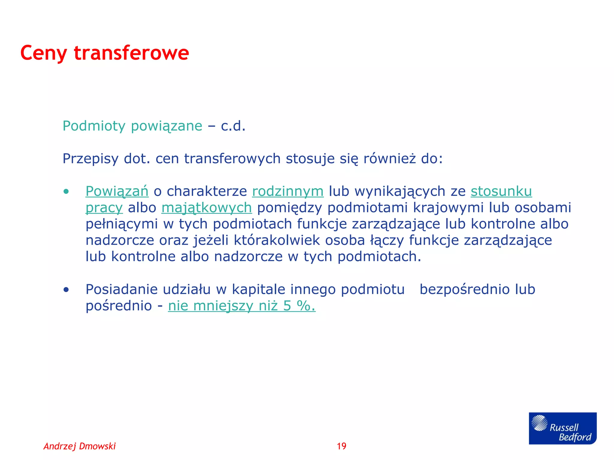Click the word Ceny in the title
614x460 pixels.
[43, 53]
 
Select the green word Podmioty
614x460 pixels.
[94, 126]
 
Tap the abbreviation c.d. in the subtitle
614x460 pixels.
[233, 126]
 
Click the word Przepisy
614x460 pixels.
[90, 159]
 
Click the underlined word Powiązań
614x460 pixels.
[117, 191]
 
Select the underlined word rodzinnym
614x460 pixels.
[288, 191]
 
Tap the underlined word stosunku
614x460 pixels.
[501, 191]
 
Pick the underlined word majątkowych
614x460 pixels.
[207, 208]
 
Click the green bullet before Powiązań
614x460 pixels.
[66, 192]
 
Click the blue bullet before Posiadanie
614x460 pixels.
[66, 290]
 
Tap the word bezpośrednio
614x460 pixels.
[464, 290]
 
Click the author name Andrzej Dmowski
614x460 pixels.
[80, 446]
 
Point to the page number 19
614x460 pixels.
[341, 446]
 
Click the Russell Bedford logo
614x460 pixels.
[562, 428]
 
